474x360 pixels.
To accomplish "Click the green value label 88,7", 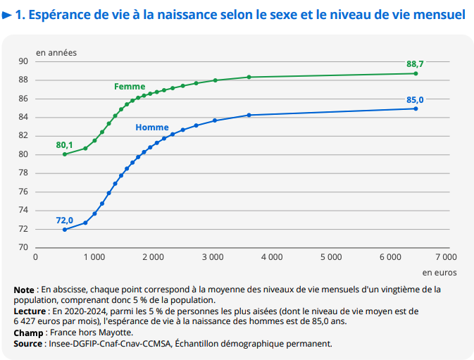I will [x=415, y=63].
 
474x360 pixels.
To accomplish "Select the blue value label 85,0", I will [x=415, y=99].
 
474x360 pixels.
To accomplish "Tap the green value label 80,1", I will [x=65, y=144].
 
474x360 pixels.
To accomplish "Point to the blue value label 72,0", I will [x=65, y=220].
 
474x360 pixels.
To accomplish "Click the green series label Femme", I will [x=130, y=87].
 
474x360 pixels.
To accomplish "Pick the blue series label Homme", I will [x=151, y=128].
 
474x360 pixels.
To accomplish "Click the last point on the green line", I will [x=416, y=73].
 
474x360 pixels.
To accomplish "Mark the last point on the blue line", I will [x=416, y=108].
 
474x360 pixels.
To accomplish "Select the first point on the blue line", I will [x=65, y=230].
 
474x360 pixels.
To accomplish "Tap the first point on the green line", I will [x=65, y=154].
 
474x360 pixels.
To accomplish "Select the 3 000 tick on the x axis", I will [x=213, y=257].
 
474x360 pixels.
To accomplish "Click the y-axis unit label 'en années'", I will [x=57, y=52].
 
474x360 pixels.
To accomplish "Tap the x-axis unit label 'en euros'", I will [x=439, y=271].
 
